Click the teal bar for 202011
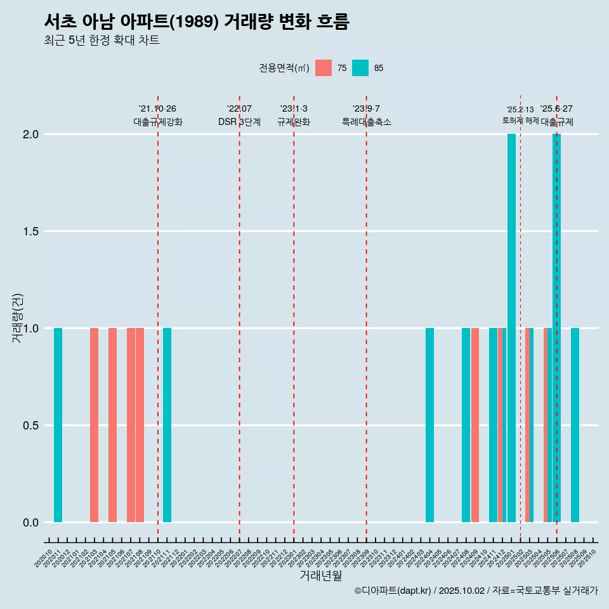click(x=58, y=425)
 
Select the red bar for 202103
click(x=94, y=425)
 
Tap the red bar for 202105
click(x=112, y=425)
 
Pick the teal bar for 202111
click(x=167, y=425)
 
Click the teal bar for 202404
click(x=429, y=425)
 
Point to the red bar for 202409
click(x=475, y=425)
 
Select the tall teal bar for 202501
click(x=511, y=328)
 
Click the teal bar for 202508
click(x=575, y=425)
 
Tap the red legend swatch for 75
click(x=324, y=68)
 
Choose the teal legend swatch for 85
click(x=360, y=68)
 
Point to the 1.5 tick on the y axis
click(x=30, y=232)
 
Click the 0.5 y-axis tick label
click(x=30, y=426)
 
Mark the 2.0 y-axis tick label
click(x=30, y=134)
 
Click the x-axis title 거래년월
click(x=321, y=576)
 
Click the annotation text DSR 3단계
click(x=239, y=122)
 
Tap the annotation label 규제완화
click(x=294, y=122)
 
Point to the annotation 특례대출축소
click(x=367, y=122)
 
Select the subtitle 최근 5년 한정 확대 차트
click(x=101, y=41)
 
